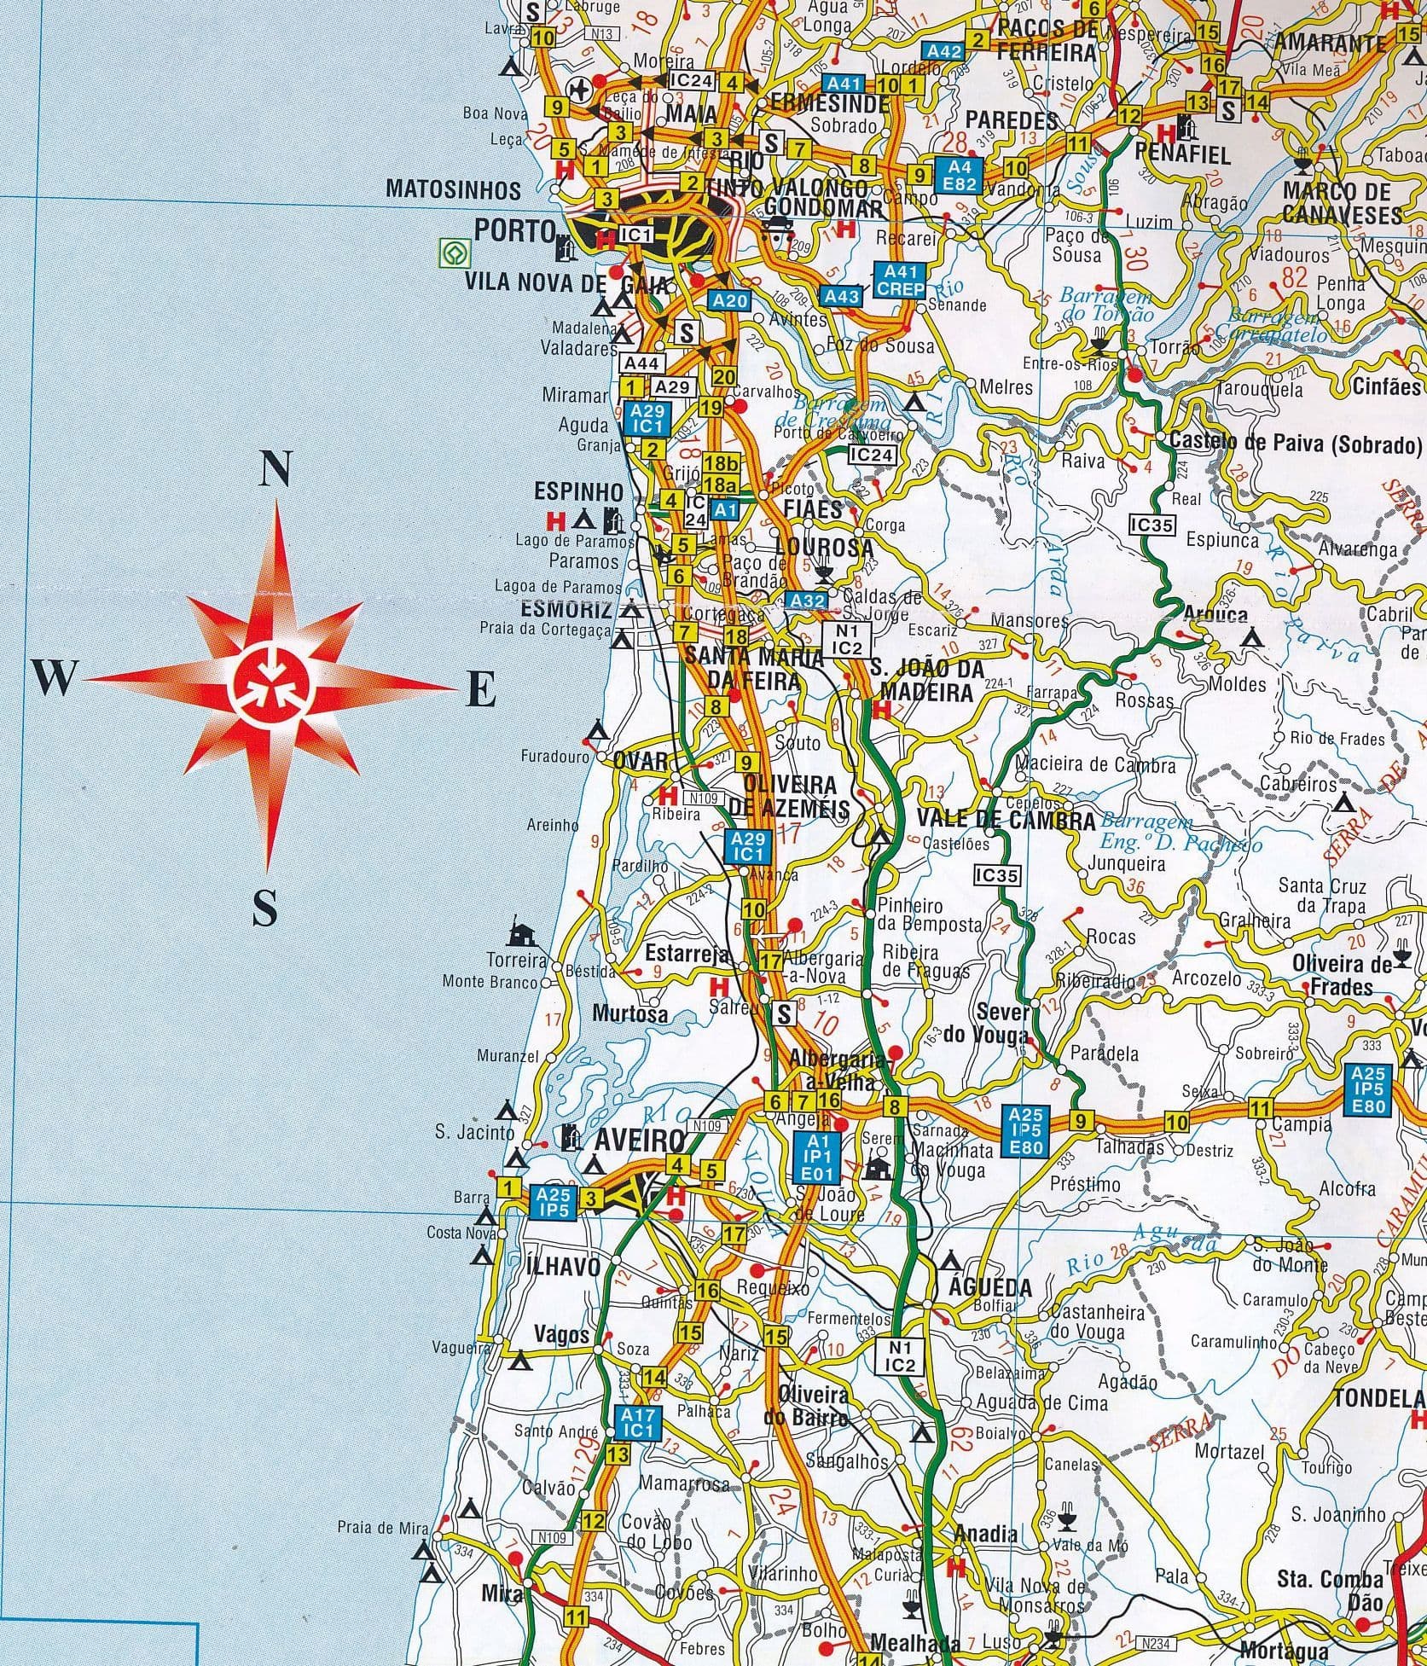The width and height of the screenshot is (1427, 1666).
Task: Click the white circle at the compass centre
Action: [271, 685]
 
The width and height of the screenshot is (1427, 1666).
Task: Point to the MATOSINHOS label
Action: [453, 188]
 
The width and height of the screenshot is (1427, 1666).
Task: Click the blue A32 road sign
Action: [806, 601]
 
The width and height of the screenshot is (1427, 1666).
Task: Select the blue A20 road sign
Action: [729, 300]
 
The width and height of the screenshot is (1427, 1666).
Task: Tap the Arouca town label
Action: [1215, 614]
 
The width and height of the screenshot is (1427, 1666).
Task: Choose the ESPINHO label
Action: [577, 491]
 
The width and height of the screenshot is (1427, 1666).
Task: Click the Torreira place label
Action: [516, 961]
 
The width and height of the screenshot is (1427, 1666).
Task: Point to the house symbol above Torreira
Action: [519, 935]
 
